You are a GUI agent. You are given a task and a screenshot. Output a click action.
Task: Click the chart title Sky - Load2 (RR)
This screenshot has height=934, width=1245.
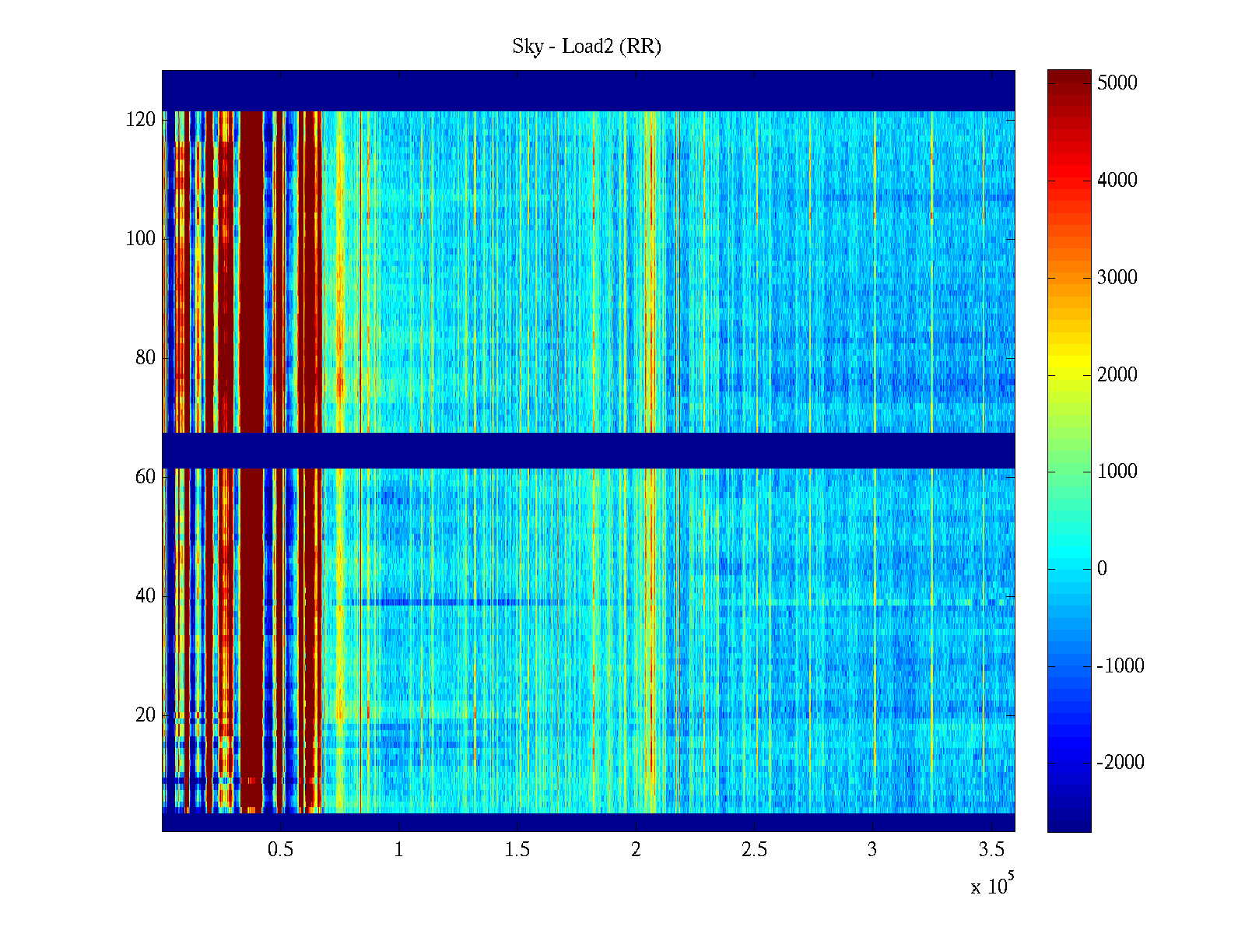587,47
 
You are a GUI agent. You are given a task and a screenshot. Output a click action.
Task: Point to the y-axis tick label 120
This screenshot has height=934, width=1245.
141,120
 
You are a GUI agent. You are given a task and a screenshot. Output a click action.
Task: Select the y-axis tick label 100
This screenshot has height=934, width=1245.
141,239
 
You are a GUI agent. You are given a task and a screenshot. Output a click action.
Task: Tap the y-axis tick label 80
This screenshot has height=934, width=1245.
146,358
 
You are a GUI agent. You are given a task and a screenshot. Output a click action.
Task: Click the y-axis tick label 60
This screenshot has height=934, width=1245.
146,477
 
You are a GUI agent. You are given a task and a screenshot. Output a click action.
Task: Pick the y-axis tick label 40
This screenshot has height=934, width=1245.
146,596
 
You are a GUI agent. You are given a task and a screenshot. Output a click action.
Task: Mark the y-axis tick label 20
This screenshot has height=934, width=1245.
146,715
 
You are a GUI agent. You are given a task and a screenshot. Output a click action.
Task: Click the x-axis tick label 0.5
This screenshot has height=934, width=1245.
280,850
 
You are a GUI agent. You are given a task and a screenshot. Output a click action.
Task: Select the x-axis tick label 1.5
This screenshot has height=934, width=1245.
517,850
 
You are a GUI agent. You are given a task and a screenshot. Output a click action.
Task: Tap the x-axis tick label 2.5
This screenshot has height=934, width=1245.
754,850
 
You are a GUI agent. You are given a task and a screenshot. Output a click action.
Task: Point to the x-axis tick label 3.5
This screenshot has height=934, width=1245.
991,850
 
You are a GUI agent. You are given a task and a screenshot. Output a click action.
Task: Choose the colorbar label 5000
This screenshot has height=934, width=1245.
1117,83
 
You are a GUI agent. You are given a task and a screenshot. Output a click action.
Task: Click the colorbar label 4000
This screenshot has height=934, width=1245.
1117,181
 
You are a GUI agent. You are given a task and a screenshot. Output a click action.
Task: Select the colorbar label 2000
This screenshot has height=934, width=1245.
1117,375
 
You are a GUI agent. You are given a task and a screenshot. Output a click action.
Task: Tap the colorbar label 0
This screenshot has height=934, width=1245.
1102,569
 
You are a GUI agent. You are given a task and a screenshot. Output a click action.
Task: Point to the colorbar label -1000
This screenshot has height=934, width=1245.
1120,666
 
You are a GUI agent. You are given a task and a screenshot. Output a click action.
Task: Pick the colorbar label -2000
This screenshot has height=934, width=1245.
1120,763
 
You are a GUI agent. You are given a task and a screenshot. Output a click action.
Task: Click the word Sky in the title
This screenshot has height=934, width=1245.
527,47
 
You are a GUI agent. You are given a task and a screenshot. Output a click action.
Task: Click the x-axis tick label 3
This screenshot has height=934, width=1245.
872,850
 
